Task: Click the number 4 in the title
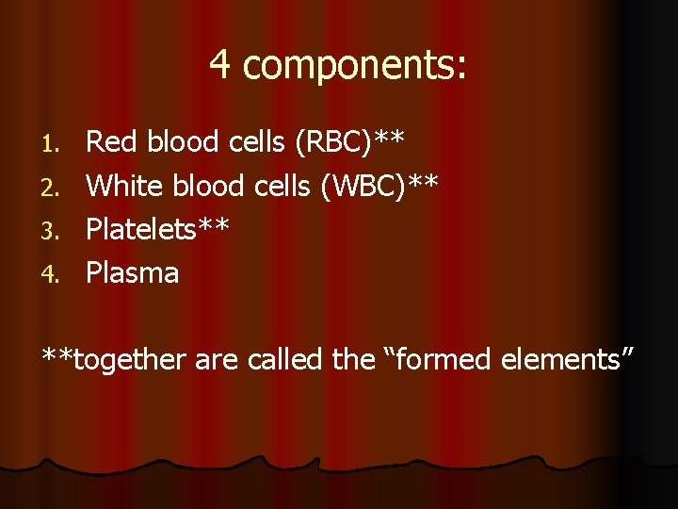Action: coord(220,64)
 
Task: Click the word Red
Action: coord(110,142)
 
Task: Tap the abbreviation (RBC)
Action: coord(334,142)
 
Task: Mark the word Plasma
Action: coord(133,272)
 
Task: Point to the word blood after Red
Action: coord(182,142)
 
